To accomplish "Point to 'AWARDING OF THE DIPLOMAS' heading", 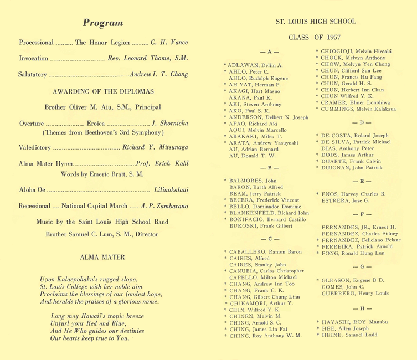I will pos(104,91).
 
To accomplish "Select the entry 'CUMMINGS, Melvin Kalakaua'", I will pos(360,109).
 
